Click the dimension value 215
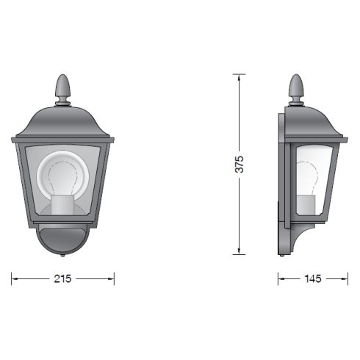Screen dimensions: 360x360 [62, 279]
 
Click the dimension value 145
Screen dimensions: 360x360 [312, 279]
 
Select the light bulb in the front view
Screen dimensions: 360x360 [63, 176]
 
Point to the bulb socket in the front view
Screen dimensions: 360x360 [63, 206]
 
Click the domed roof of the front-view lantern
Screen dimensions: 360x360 [63, 121]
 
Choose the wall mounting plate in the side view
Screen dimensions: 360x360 [282, 184]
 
